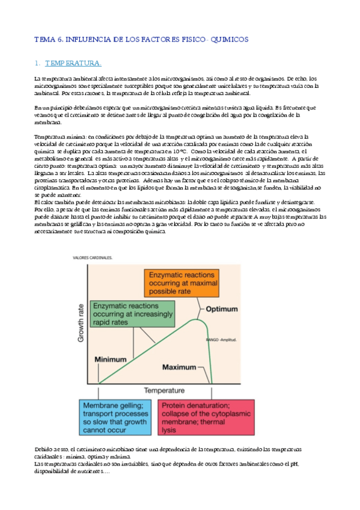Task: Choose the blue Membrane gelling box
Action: click(x=117, y=419)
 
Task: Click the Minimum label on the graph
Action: click(x=112, y=360)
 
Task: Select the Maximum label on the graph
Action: click(x=181, y=366)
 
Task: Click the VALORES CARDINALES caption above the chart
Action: click(x=93, y=257)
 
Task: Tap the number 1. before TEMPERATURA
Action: click(x=37, y=63)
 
